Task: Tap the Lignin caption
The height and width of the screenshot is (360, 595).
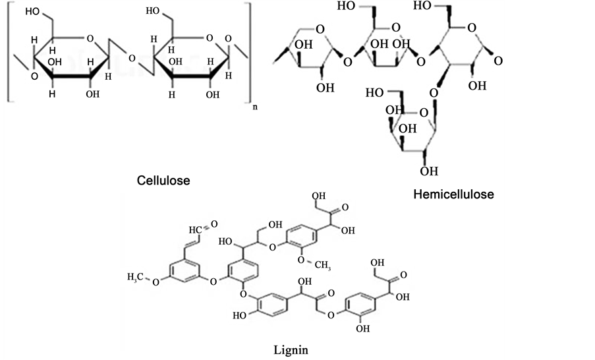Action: coord(291,347)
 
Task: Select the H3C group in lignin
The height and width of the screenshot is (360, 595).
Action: coord(137,274)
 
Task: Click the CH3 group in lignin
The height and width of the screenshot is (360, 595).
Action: coord(320,264)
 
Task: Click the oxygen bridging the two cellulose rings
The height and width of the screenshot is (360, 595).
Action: coord(132,59)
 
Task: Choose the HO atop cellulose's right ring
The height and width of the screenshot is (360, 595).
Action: coord(153,12)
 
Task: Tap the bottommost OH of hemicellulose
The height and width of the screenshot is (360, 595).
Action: coord(429,172)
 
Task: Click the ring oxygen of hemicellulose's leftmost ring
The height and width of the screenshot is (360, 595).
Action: coord(319,30)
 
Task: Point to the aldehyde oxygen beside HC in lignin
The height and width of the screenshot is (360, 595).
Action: coord(215,225)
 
